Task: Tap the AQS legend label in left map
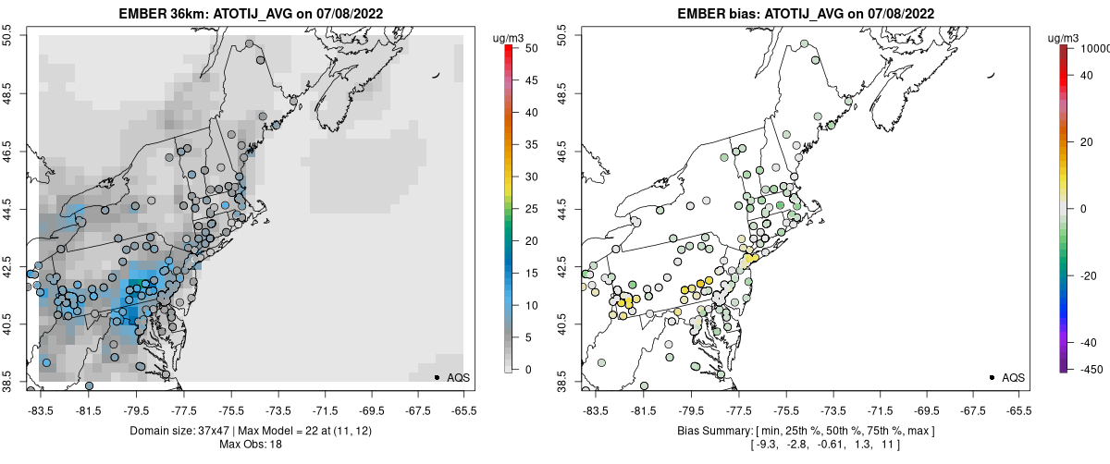point(459,378)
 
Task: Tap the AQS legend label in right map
point(1014,378)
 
